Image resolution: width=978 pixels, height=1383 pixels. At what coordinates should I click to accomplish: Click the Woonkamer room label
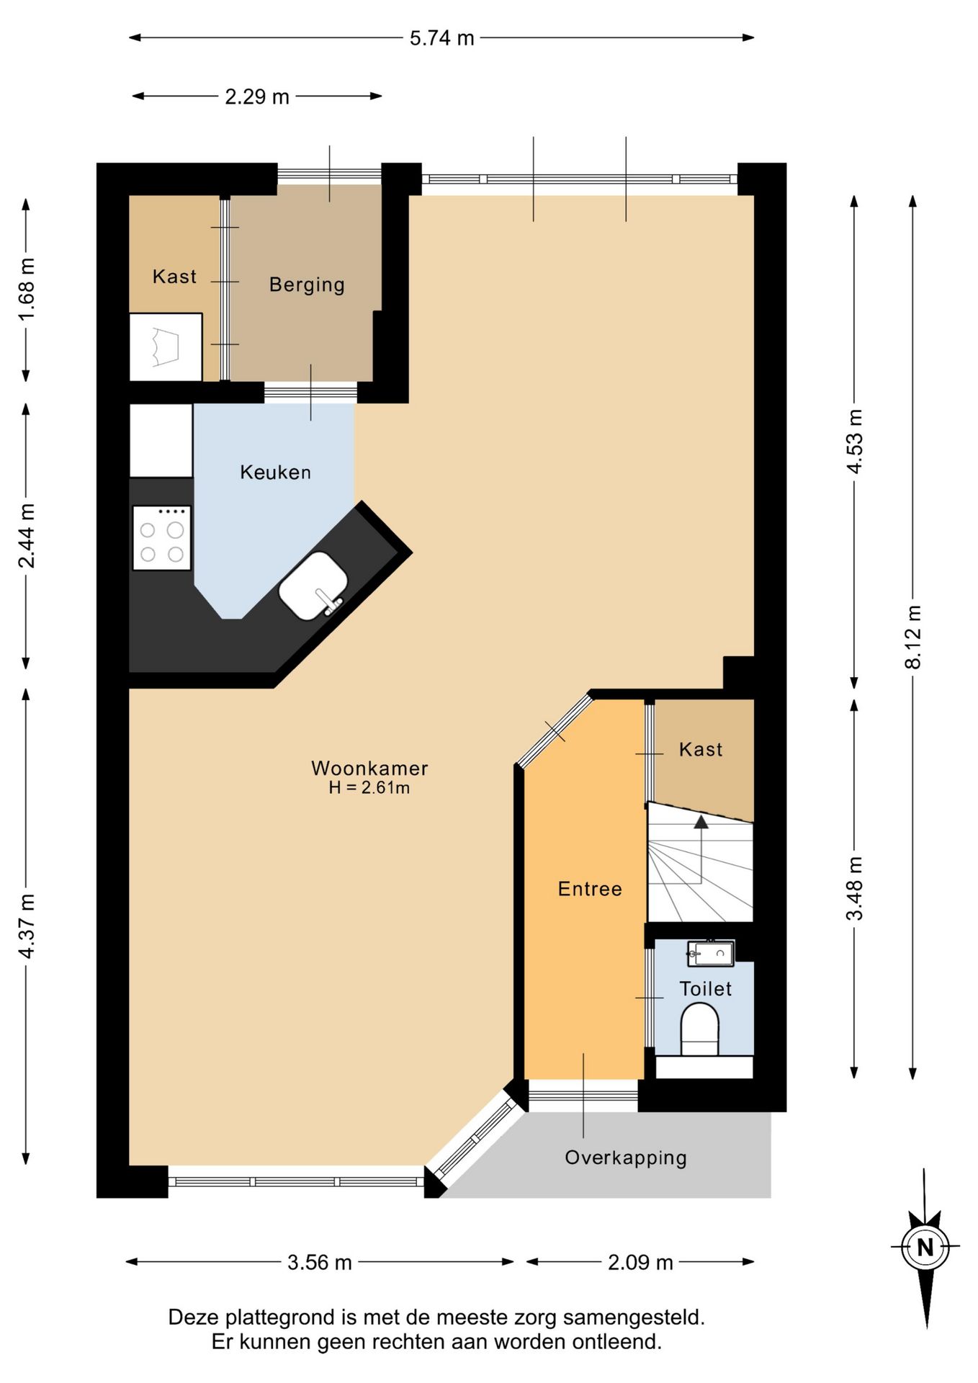coord(369,768)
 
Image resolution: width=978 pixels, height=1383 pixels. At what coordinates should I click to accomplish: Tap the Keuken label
coord(276,473)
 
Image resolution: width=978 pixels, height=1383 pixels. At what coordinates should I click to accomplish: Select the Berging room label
coord(307,285)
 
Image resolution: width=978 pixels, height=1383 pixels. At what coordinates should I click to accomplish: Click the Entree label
coord(590,889)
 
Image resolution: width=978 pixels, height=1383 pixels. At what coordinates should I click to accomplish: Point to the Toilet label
coord(706,989)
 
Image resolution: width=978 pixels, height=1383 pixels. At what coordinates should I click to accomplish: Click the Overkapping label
coord(626,1158)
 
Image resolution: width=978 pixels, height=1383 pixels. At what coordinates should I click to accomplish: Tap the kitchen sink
coord(313,586)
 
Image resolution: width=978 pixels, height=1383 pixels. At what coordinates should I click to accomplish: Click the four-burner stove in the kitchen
coord(162,538)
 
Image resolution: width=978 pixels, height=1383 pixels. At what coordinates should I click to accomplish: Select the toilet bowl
coord(700,1030)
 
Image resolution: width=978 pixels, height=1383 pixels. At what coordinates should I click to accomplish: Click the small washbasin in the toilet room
coord(710,953)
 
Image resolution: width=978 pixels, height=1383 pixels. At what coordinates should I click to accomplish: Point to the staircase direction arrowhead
coord(701,822)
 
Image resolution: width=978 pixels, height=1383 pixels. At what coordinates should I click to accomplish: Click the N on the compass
coord(925,1247)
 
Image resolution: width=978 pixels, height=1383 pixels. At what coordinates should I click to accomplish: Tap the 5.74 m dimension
coord(442,37)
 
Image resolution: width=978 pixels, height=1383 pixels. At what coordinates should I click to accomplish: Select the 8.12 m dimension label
coord(913,637)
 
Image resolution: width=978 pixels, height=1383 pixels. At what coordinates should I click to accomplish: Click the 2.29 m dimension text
coord(257,97)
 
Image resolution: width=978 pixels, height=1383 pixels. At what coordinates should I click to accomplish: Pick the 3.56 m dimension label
coord(320,1263)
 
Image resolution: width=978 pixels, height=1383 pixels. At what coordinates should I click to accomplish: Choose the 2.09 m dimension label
coord(640,1263)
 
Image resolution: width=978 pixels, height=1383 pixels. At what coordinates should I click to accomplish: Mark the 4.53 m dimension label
coord(855,441)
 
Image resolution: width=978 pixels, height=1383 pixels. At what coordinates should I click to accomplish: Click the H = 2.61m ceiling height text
coord(369,788)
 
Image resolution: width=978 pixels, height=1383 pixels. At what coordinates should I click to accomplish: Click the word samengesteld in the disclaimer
coord(634,1317)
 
